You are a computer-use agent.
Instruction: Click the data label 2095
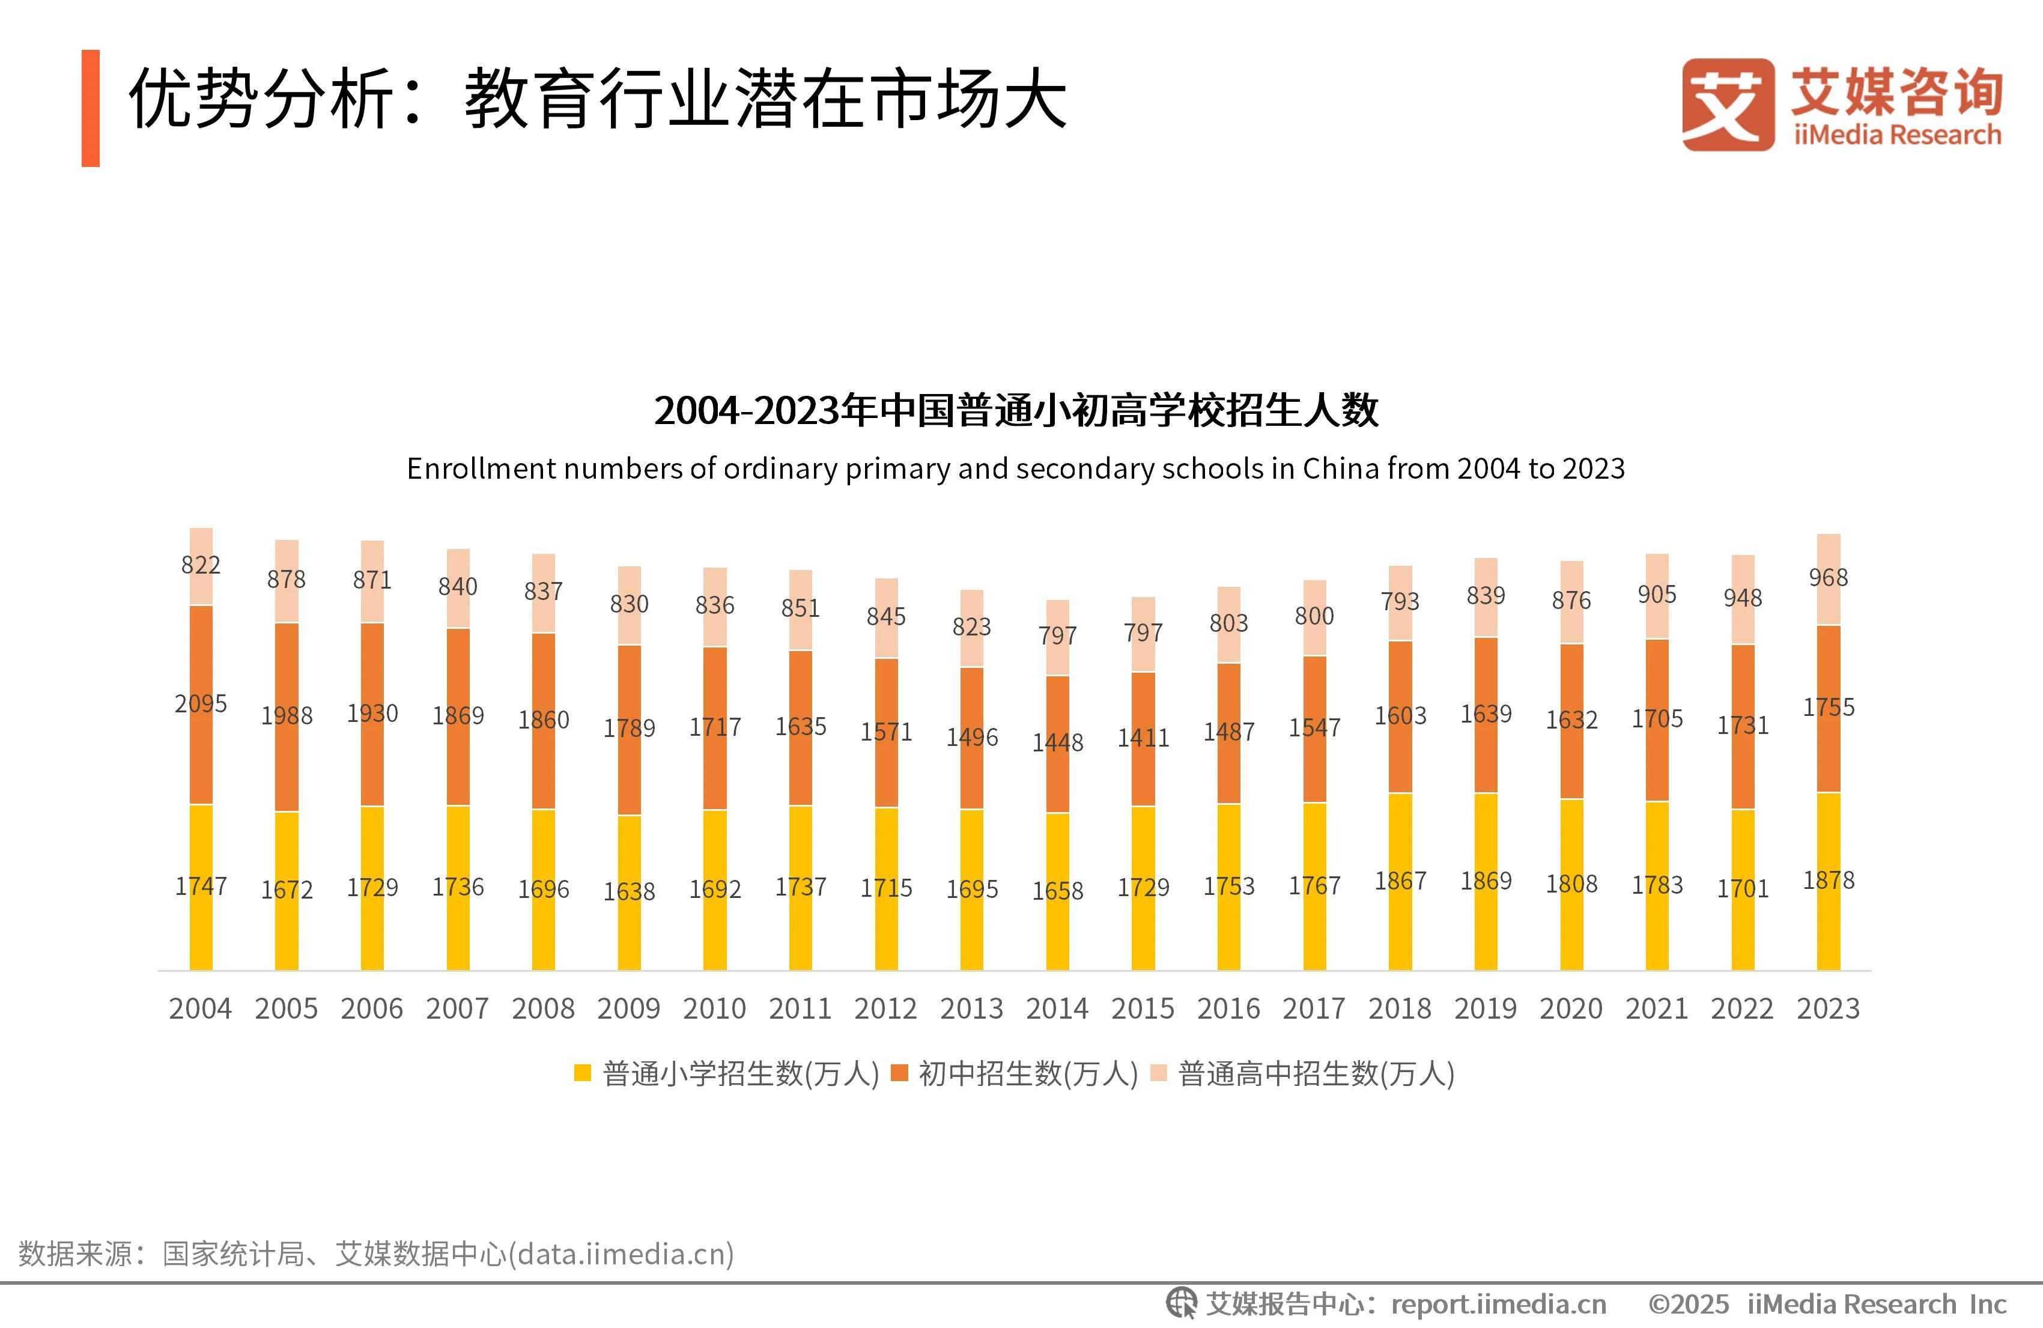click(x=201, y=704)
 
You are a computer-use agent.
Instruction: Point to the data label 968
click(x=1829, y=578)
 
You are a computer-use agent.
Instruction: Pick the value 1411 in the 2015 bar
click(x=1143, y=738)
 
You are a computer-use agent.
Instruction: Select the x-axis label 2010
click(x=714, y=1008)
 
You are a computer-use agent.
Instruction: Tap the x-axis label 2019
click(x=1485, y=1008)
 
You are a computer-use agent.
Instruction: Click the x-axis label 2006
click(x=372, y=1008)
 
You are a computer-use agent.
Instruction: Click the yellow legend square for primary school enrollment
click(x=583, y=1073)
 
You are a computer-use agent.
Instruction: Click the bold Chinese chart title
click(x=1016, y=410)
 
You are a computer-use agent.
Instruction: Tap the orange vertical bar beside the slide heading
click(x=91, y=108)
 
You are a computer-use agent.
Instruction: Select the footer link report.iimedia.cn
click(x=1498, y=1304)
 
